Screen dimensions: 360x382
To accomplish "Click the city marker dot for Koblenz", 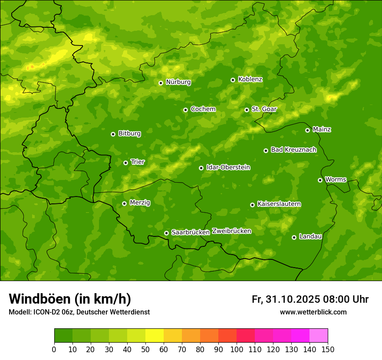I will [233, 80].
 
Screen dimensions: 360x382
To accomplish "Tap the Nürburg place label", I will [178, 82].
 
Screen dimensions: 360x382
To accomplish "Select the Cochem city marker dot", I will [185, 110].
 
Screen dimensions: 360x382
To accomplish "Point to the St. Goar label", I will [264, 109].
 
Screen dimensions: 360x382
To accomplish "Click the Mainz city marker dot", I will [307, 130].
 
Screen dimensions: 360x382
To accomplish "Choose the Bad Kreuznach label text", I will [293, 150].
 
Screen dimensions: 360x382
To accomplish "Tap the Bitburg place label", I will [129, 134].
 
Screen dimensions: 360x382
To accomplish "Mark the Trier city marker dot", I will [125, 163].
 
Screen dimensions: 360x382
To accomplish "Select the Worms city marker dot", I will [320, 180].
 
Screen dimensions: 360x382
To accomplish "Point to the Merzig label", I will [140, 203].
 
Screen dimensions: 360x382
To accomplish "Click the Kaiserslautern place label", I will [279, 204].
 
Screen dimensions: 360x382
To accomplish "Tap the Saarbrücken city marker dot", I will [166, 233].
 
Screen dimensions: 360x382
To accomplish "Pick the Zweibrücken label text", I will [231, 231].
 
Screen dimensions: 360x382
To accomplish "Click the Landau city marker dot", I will [294, 237].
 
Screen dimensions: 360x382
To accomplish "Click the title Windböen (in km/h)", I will [70, 299].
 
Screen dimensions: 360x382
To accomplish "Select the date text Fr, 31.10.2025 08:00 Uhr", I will [310, 299].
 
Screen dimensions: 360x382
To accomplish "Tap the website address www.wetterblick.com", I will [313, 312].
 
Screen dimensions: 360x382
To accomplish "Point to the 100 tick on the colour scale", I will [237, 349].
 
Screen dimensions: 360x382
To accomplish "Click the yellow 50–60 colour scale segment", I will [155, 336].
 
